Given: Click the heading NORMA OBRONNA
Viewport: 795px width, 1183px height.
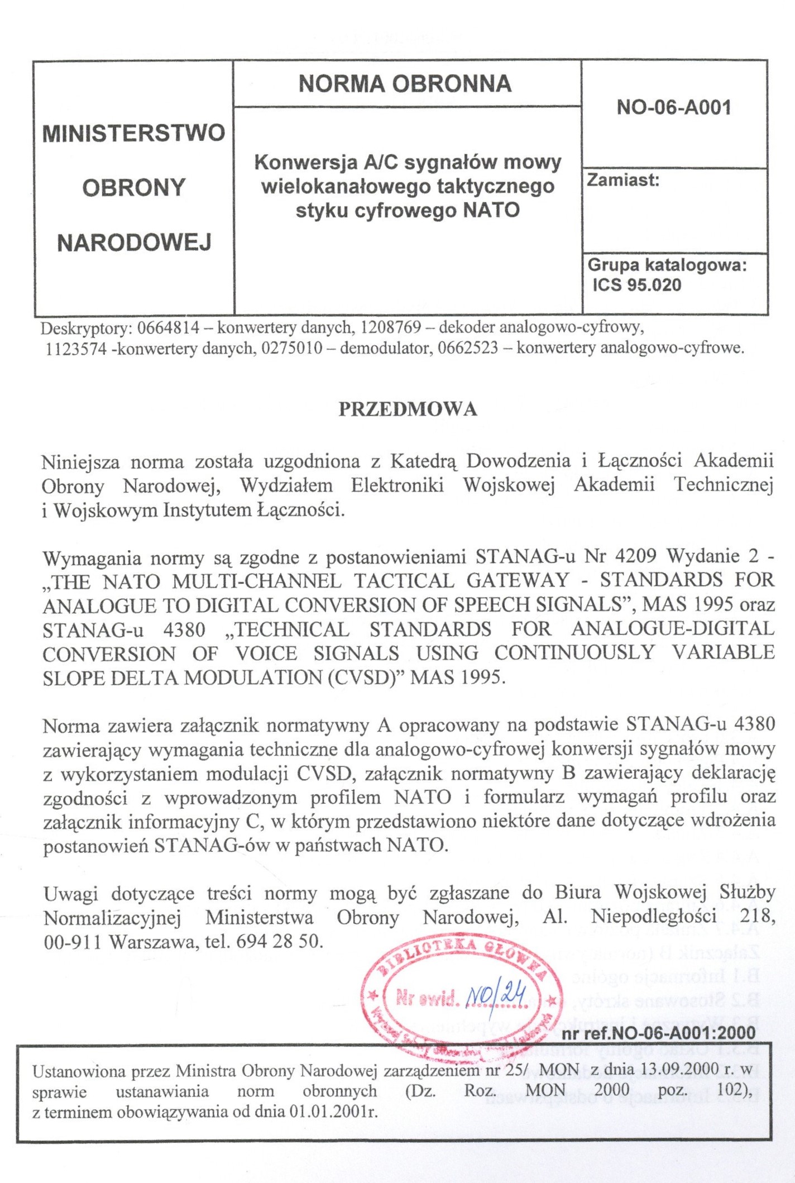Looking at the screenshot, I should tap(405, 84).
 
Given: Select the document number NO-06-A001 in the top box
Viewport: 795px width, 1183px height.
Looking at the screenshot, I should tap(674, 107).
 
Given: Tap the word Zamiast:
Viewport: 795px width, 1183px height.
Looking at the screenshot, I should tap(623, 180).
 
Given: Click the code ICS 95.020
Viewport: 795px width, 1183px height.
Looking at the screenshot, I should tap(637, 285).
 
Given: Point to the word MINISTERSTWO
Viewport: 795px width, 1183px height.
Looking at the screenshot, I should tap(134, 133).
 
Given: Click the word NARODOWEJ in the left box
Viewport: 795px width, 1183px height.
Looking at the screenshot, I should tap(135, 243).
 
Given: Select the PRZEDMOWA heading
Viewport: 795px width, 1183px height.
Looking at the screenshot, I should tap(408, 409).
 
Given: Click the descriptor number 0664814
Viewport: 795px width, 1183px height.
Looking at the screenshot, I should tap(167, 327).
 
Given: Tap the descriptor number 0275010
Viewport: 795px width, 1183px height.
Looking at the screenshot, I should tap(292, 349).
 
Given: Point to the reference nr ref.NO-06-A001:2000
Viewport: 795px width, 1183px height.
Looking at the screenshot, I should tap(658, 1033).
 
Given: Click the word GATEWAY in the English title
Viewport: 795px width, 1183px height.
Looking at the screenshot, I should tap(518, 581).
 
